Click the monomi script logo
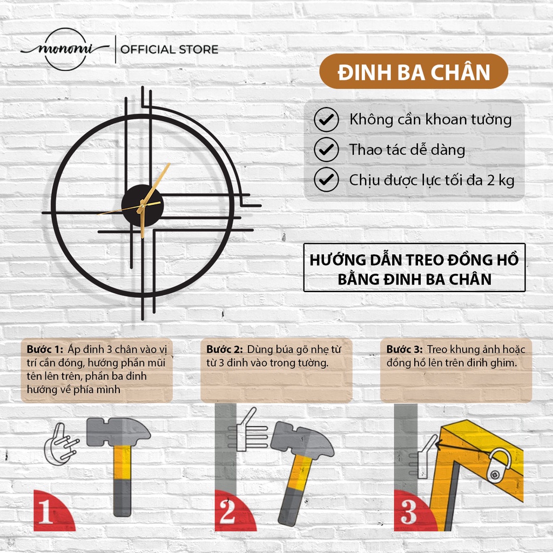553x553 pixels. pos(65,49)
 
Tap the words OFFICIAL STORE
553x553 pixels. pos(169,49)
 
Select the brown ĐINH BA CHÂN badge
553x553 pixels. pos(413,72)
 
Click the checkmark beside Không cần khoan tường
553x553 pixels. pos(326,119)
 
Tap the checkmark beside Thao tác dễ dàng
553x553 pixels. pos(326,150)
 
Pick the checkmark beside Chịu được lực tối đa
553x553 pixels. pos(326,179)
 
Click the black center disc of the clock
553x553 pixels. pos(142,206)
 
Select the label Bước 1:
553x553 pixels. pos(45,349)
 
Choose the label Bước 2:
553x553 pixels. pos(224,349)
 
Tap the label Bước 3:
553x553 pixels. pos(404,349)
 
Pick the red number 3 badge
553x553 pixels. pos(413,511)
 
